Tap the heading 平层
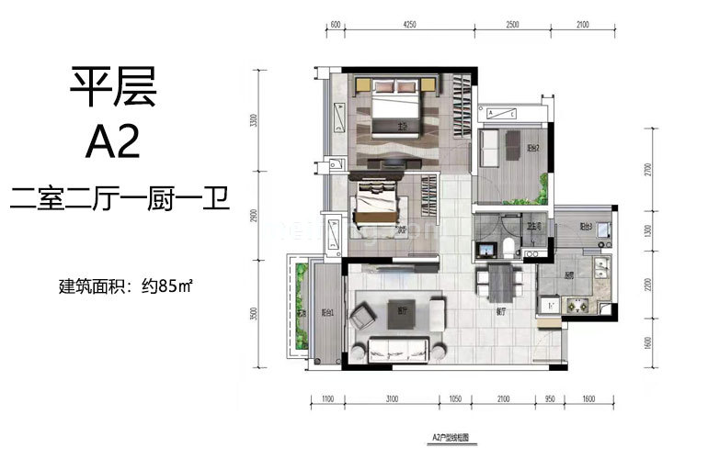point(113,88)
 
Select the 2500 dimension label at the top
point(513,25)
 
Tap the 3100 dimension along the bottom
point(392,399)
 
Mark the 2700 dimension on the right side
point(647,170)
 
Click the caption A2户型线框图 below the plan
point(451,440)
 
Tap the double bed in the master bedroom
point(397,108)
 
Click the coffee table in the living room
point(397,311)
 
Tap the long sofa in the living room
point(397,350)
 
